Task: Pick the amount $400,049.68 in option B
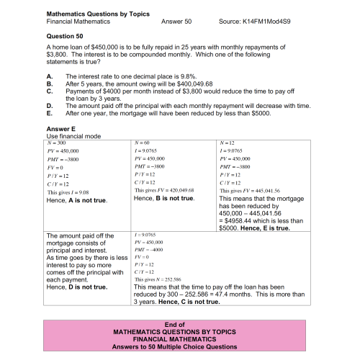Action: click(x=177, y=84)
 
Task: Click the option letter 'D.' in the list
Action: click(x=49, y=106)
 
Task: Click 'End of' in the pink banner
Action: click(x=175, y=325)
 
